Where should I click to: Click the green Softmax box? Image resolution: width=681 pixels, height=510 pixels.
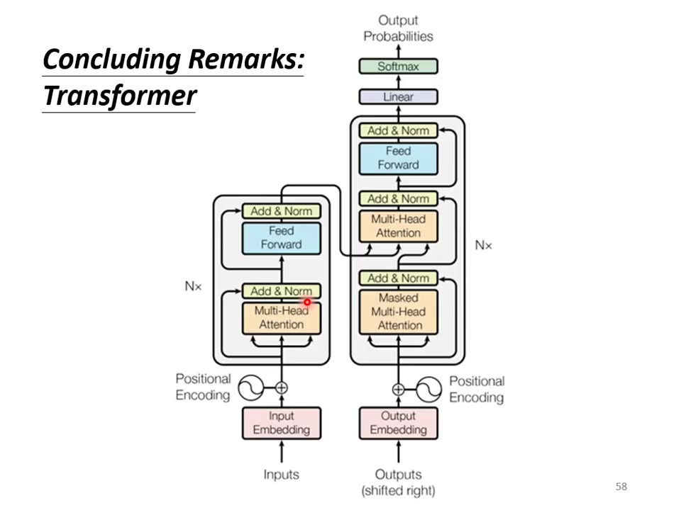pyautogui.click(x=398, y=67)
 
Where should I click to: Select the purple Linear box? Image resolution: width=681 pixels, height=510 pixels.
pyautogui.click(x=398, y=97)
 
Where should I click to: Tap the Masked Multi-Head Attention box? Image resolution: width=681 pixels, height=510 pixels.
pyautogui.click(x=398, y=312)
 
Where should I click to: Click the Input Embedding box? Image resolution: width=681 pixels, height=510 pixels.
pyautogui.click(x=282, y=423)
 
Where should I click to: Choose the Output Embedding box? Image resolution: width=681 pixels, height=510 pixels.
pyautogui.click(x=398, y=423)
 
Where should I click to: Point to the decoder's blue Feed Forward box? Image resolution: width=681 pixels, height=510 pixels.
pyautogui.click(x=398, y=158)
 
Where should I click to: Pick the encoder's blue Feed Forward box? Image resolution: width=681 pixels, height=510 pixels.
pyautogui.click(x=282, y=238)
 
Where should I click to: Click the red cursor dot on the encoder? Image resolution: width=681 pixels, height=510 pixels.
pyautogui.click(x=307, y=302)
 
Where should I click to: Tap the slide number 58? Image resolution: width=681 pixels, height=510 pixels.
pyautogui.click(x=621, y=487)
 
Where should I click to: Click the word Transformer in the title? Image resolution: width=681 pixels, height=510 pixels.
pyautogui.click(x=119, y=95)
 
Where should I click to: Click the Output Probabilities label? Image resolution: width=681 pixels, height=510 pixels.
pyautogui.click(x=398, y=28)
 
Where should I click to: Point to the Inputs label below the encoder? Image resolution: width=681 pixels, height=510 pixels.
pyautogui.click(x=282, y=475)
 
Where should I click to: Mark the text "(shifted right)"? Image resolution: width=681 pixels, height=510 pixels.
pyautogui.click(x=398, y=490)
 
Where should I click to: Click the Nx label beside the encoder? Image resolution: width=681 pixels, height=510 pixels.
pyautogui.click(x=193, y=287)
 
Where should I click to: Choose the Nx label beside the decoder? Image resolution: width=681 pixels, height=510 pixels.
pyautogui.click(x=483, y=245)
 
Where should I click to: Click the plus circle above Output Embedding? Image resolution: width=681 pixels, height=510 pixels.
pyautogui.click(x=398, y=389)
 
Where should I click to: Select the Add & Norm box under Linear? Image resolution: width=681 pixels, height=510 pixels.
pyautogui.click(x=398, y=131)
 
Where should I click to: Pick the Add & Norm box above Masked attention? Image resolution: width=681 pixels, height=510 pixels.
pyautogui.click(x=398, y=278)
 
